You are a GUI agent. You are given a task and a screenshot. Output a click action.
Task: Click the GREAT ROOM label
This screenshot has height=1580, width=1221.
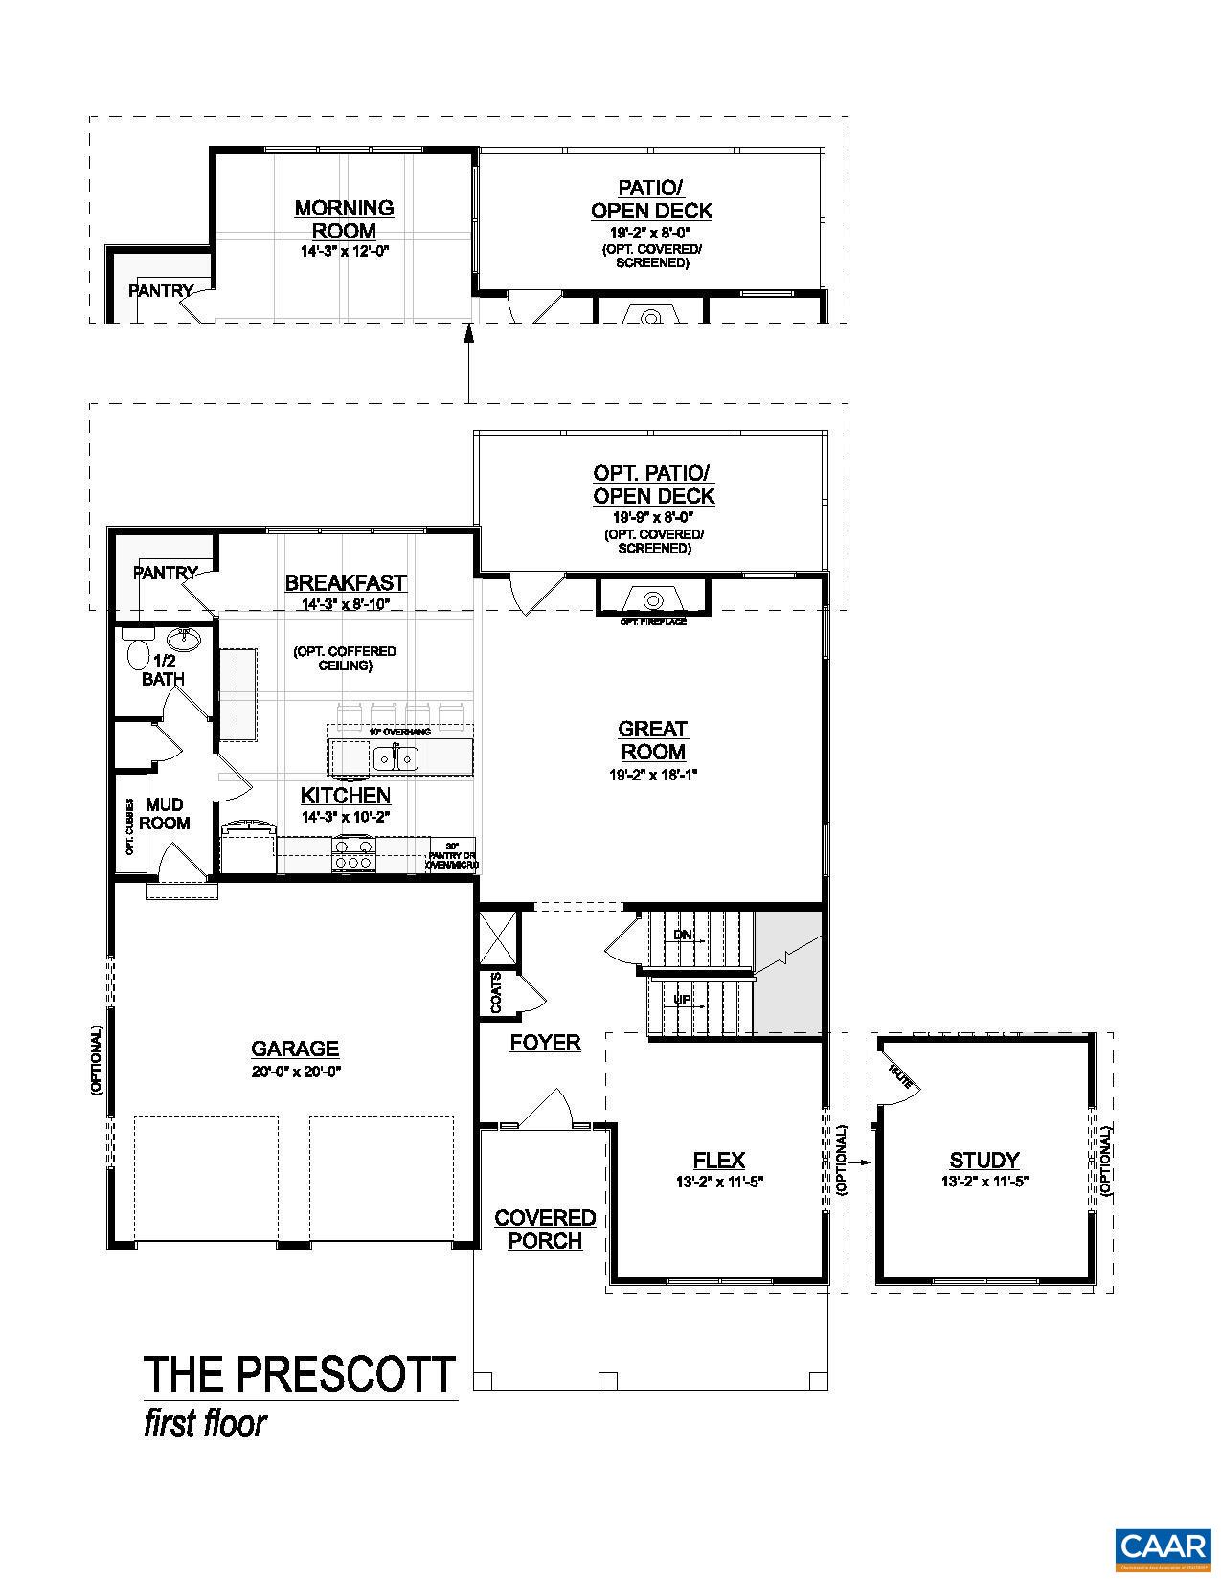coord(652,740)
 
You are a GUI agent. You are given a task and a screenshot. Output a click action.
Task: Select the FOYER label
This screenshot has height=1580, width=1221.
coord(545,1043)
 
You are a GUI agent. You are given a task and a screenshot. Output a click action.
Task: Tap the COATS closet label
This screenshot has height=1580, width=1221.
coord(495,992)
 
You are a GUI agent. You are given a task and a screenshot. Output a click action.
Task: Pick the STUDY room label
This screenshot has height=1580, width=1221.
coord(984,1161)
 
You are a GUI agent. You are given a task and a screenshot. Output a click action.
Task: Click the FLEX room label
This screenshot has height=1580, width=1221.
coord(718,1161)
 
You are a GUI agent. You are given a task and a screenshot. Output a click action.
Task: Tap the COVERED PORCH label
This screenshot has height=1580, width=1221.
coord(545,1230)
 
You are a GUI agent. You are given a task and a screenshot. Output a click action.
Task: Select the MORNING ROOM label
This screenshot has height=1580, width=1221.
coord(344,219)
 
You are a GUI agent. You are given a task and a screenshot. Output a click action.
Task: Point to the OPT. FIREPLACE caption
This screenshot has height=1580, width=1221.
coord(652,622)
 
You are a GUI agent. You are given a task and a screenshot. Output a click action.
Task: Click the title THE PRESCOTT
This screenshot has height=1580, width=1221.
coord(300,1374)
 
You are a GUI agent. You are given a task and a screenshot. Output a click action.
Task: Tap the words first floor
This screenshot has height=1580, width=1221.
coord(205,1424)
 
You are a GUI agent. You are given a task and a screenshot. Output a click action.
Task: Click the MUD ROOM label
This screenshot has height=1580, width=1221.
coord(166,813)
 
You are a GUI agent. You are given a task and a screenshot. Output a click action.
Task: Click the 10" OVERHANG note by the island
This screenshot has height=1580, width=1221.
coord(399,732)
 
